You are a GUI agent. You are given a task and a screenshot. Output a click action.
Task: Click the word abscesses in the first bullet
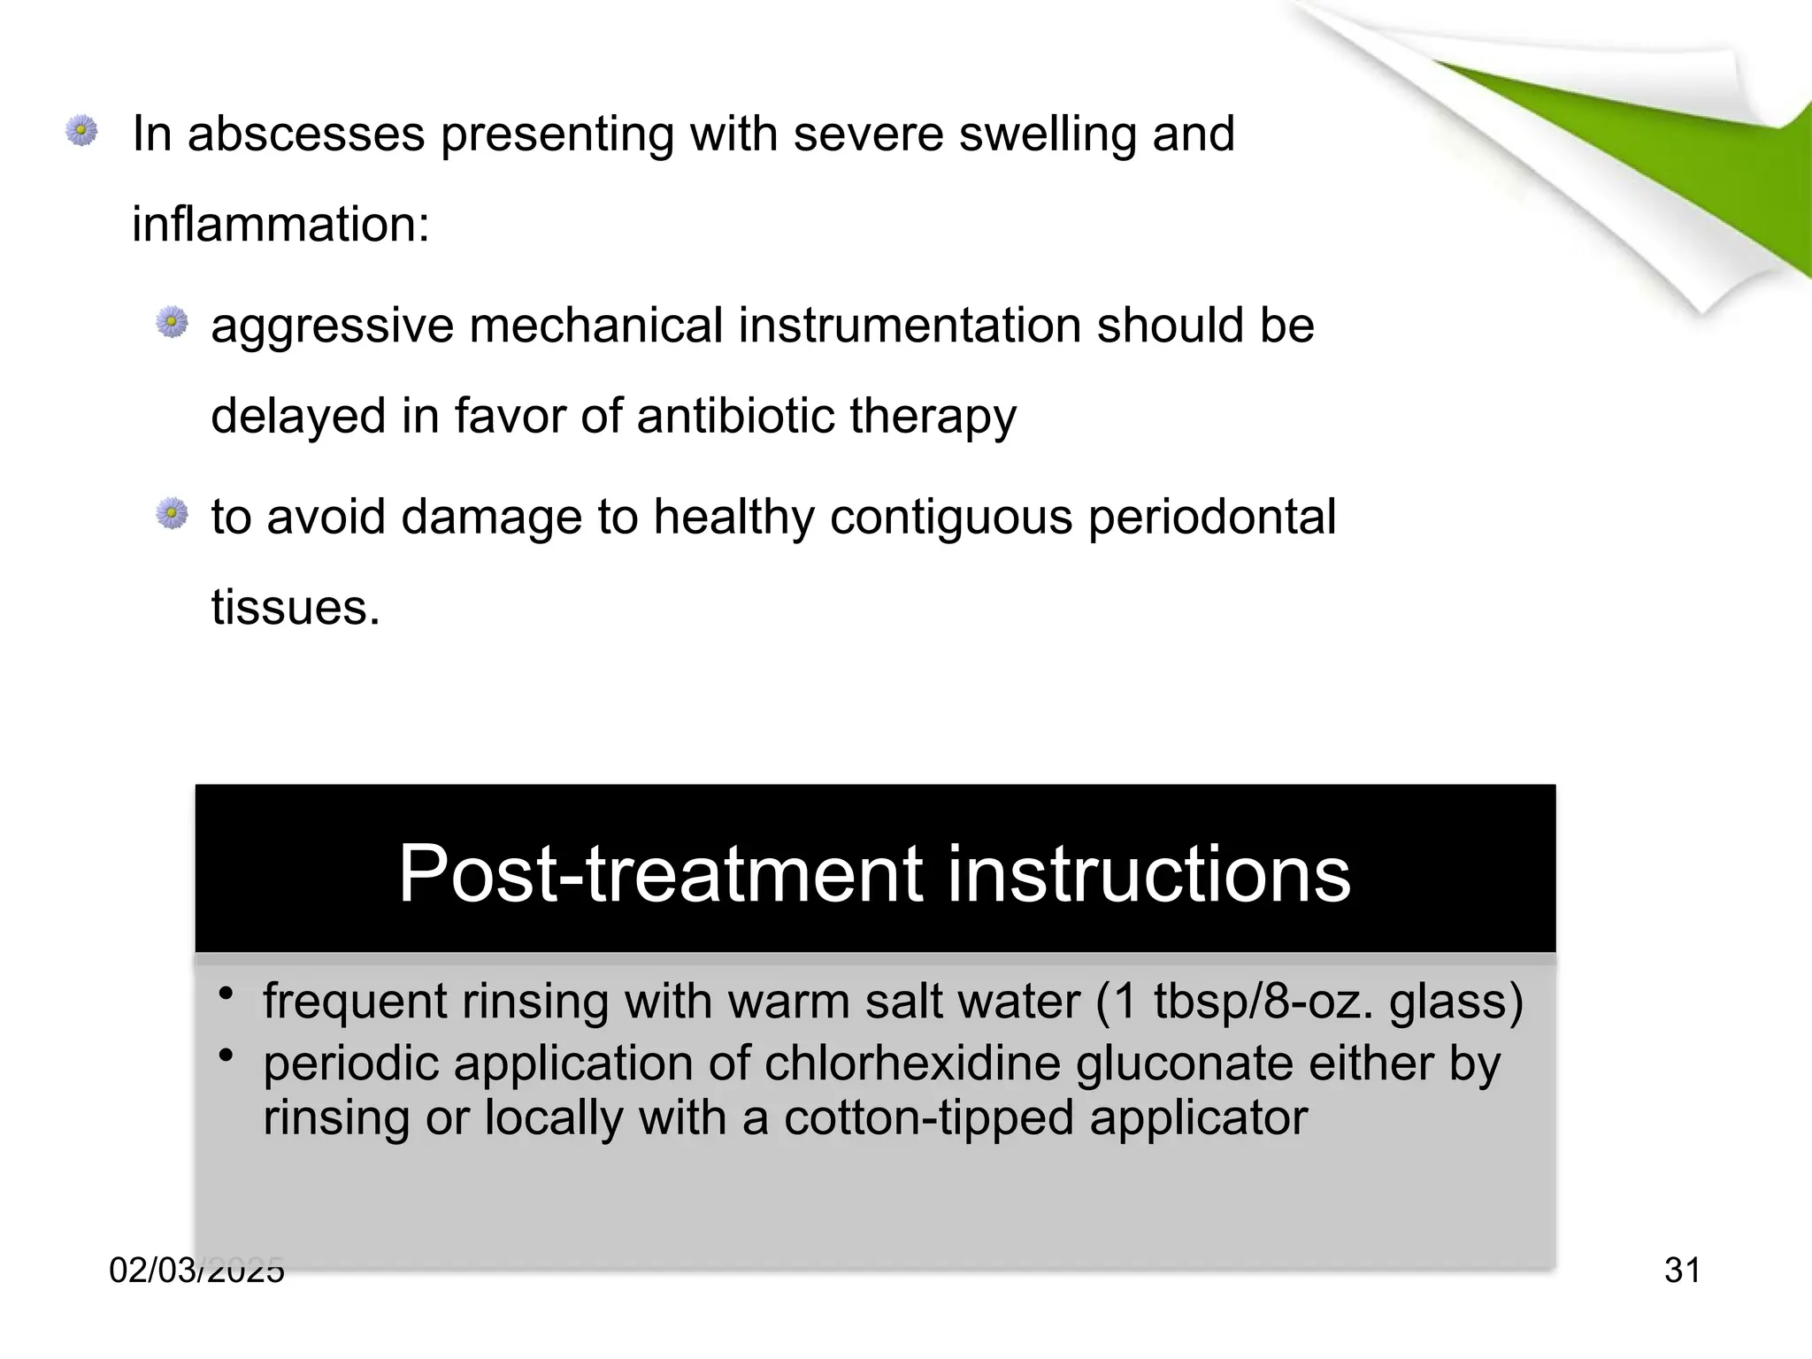[305, 134]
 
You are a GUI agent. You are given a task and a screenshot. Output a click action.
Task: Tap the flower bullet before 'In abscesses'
[81, 131]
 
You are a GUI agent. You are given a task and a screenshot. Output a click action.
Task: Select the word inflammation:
[280, 225]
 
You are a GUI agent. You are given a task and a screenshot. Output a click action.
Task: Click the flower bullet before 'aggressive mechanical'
[173, 322]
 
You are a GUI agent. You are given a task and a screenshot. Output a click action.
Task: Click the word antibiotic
[734, 416]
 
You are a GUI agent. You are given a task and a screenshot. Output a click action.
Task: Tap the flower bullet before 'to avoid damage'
[173, 513]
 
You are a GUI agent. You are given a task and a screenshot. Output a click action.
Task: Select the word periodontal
[1211, 518]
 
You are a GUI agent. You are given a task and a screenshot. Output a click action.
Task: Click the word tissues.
[296, 609]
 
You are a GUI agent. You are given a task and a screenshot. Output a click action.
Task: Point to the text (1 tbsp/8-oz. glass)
[1309, 1002]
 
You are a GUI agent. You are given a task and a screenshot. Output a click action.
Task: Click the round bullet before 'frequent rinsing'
[846, 994]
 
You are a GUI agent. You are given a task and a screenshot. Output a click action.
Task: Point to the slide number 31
[1682, 1271]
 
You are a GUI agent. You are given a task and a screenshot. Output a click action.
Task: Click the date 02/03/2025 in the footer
[196, 1271]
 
